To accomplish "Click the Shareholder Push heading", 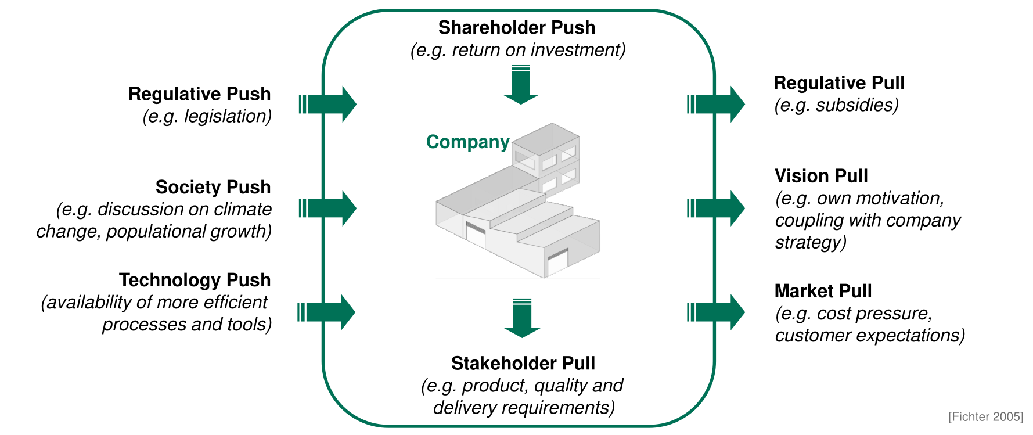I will tap(516, 27).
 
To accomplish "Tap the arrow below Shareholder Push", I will tap(521, 85).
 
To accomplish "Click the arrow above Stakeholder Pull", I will tap(522, 318).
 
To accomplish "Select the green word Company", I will tap(467, 142).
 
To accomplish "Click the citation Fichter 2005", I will tap(985, 416).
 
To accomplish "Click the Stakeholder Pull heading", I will tap(523, 363).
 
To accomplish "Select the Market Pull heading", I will tap(823, 290).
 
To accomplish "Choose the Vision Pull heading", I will tap(820, 175).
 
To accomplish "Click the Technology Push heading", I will tap(195, 280).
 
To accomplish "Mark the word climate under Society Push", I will tap(242, 209).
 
